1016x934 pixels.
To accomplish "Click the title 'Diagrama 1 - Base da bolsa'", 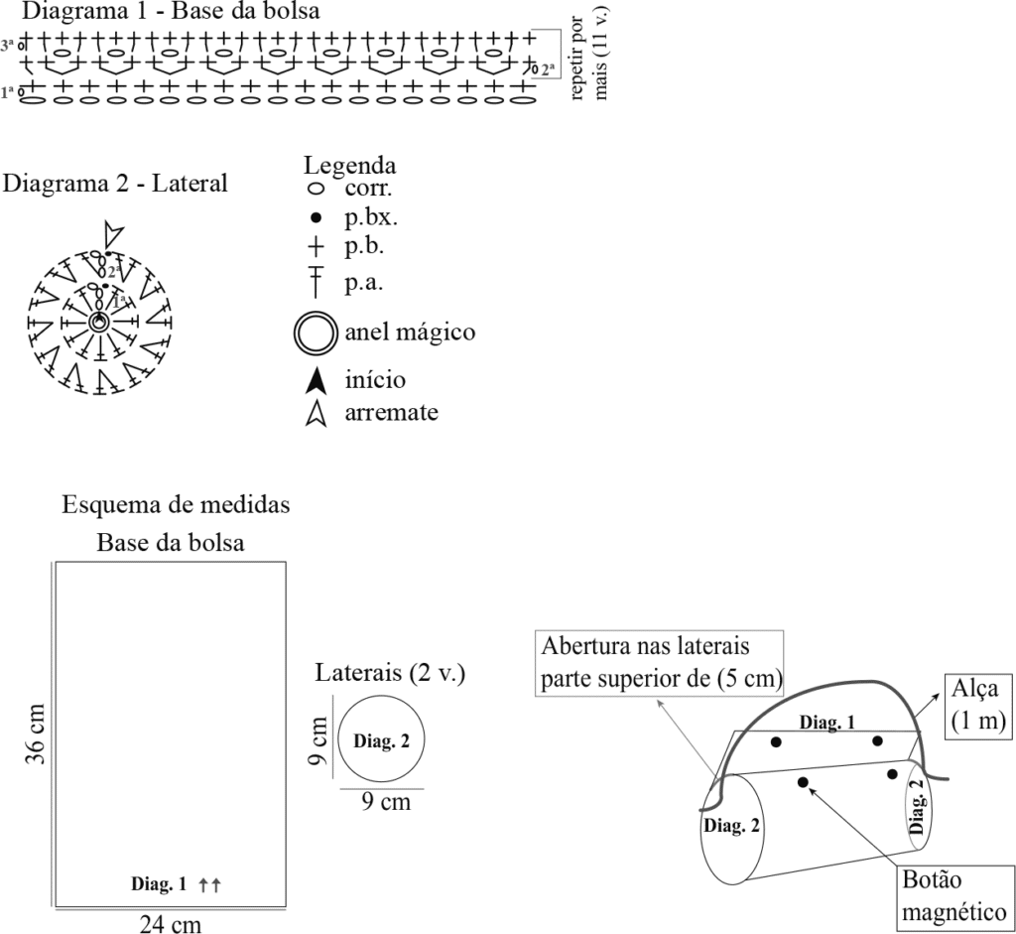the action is (171, 10).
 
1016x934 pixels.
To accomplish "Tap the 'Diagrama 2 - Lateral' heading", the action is (115, 184).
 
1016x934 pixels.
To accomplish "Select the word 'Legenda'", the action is (350, 166).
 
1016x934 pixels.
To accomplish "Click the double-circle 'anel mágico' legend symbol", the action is (316, 334).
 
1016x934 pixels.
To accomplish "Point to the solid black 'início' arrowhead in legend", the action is (317, 381).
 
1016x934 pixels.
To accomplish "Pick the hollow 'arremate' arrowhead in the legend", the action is (317, 414).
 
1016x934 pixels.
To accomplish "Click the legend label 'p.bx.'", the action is (371, 218).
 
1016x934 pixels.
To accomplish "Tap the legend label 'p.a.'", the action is (363, 283).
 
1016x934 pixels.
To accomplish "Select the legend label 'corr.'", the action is (369, 189).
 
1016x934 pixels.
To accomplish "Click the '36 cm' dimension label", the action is (36, 734).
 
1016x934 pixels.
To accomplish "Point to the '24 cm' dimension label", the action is (171, 924).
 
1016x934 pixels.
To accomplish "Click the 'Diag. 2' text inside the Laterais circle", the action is (381, 740).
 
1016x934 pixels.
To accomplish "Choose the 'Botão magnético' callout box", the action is (954, 895).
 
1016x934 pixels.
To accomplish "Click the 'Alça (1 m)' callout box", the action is (977, 706).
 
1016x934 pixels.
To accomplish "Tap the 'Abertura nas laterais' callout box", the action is (660, 663).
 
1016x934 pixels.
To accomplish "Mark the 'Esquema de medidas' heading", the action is (176, 504).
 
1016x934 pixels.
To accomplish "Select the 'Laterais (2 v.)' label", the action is (390, 673).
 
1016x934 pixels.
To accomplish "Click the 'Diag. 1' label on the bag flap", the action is (827, 722).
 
